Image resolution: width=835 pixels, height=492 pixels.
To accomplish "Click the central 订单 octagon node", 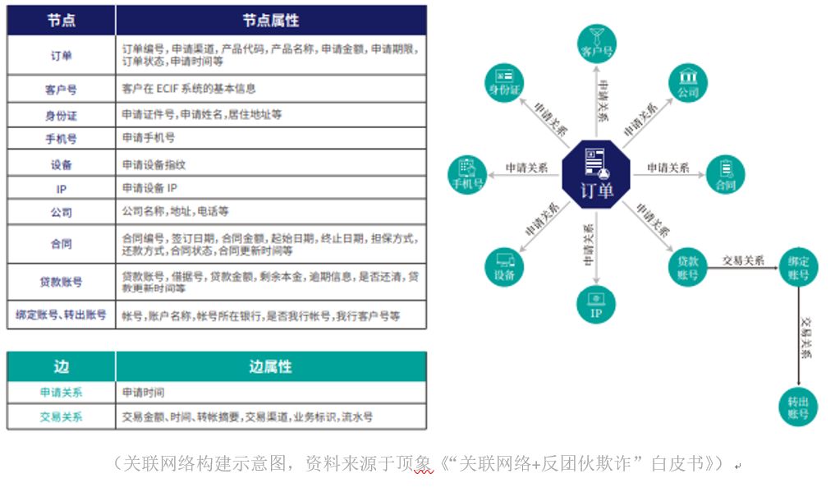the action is tap(596, 173).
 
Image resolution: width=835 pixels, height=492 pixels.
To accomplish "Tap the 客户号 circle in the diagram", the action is tap(597, 44).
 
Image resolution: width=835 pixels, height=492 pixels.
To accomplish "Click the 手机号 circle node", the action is tap(467, 174).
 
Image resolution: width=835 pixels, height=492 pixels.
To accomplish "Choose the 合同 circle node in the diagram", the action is tap(725, 174).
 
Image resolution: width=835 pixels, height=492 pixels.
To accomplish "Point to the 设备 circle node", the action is tap(505, 265).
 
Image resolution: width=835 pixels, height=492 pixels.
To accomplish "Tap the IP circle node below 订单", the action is tap(597, 304).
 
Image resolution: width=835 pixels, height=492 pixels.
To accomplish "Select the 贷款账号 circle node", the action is tap(688, 266).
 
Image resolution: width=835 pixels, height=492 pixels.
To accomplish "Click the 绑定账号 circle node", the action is tap(798, 266).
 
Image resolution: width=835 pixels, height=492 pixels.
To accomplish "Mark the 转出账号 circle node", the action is tap(798, 406).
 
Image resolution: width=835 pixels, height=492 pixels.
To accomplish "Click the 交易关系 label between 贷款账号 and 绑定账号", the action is tap(743, 261).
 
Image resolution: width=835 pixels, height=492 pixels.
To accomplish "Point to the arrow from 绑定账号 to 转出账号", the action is tap(798, 337).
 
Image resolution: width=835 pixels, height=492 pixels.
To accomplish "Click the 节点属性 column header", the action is tap(271, 21).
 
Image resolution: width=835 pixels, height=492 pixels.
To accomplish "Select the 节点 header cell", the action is tap(61, 21).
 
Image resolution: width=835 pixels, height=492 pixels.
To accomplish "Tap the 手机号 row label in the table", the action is tap(61, 139).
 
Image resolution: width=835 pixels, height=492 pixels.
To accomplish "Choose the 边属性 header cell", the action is tap(271, 366).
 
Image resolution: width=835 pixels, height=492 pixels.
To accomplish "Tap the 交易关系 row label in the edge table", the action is tap(61, 416).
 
